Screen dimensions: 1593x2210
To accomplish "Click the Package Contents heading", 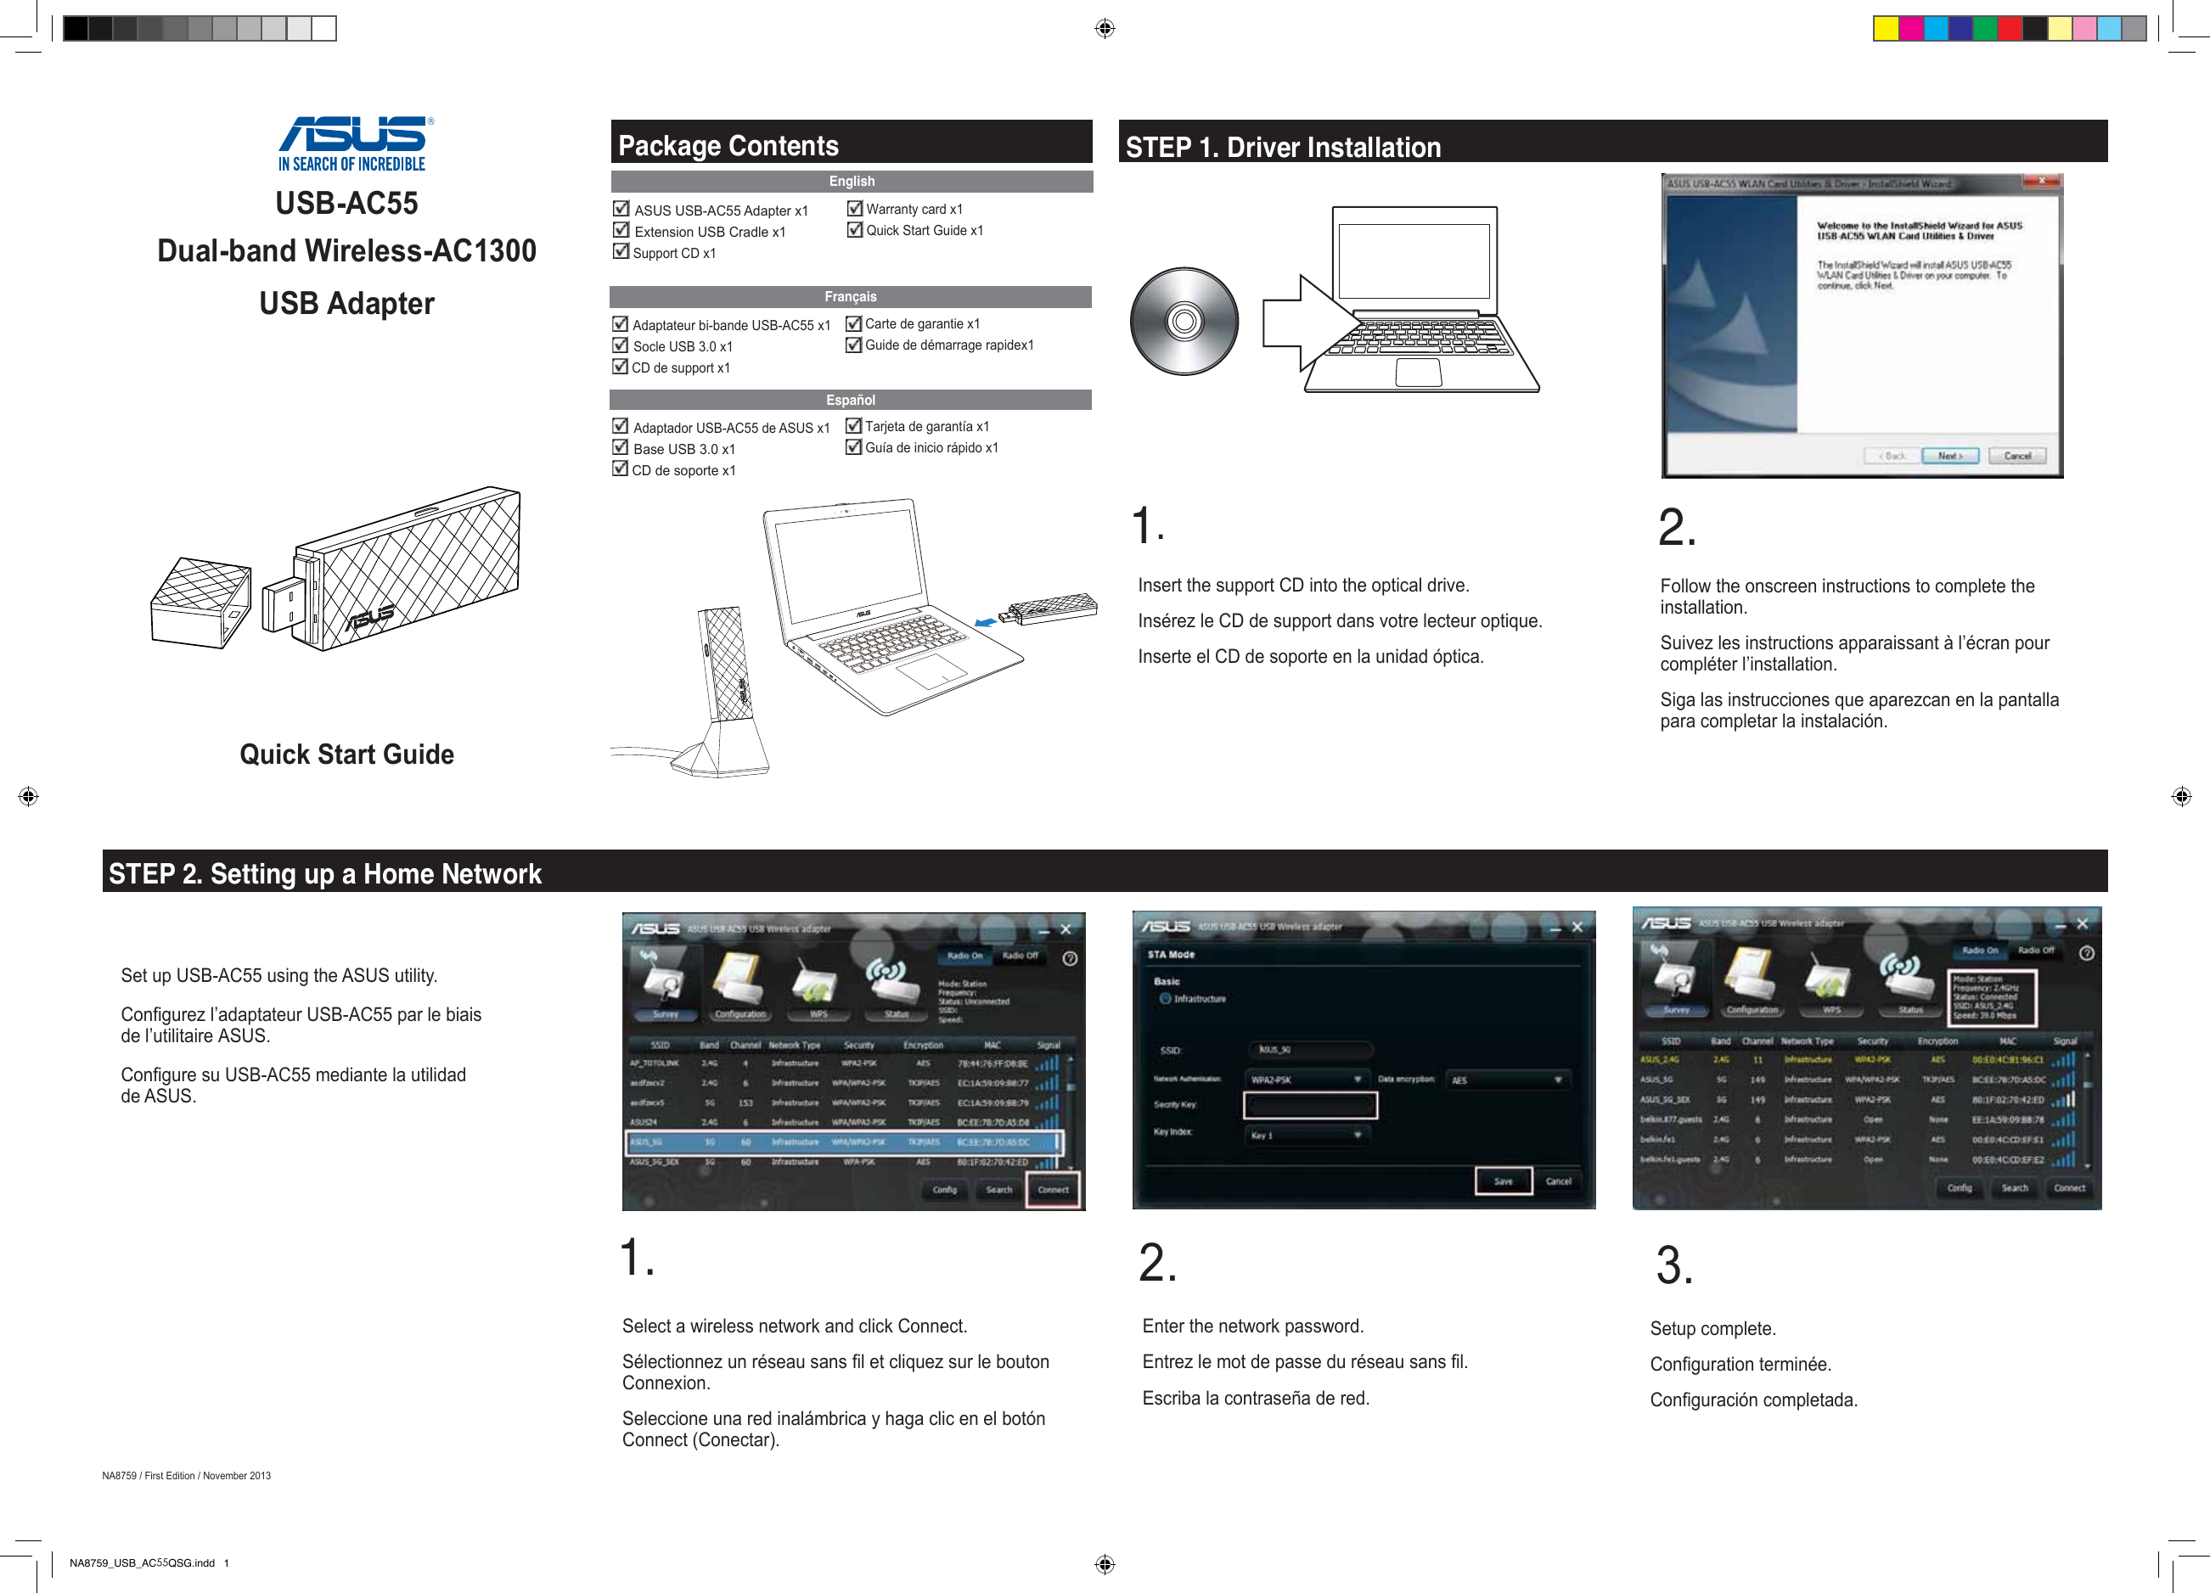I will (x=728, y=145).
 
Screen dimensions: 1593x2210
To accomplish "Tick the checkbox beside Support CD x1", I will (x=621, y=251).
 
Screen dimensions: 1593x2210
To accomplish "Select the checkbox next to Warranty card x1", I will (x=855, y=209).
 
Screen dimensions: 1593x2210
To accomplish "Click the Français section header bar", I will (x=850, y=296).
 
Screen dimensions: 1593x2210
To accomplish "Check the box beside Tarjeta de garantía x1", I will (x=853, y=426).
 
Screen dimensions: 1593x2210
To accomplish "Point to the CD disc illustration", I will (x=1184, y=322).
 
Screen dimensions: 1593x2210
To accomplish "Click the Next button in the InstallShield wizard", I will (x=1949, y=456).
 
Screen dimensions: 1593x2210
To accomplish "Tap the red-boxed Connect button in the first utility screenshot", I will (x=1053, y=1190).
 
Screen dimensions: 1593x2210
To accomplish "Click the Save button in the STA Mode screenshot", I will (x=1503, y=1181).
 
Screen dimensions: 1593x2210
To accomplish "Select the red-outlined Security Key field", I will (x=1310, y=1105).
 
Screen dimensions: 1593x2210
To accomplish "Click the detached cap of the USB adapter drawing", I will (x=200, y=602).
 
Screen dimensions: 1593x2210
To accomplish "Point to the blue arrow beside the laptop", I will (x=986, y=621).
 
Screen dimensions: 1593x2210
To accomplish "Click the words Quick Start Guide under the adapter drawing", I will (x=347, y=754).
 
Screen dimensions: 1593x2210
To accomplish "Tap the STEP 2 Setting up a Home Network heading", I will (x=324, y=873).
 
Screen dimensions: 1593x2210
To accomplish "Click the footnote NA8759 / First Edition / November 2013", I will (x=186, y=1475).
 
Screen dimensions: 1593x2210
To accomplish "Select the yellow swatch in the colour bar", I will (x=1885, y=29).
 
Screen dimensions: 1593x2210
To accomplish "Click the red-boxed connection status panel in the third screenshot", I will (x=1992, y=998).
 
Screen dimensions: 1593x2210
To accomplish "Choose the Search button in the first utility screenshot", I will (x=998, y=1190).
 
